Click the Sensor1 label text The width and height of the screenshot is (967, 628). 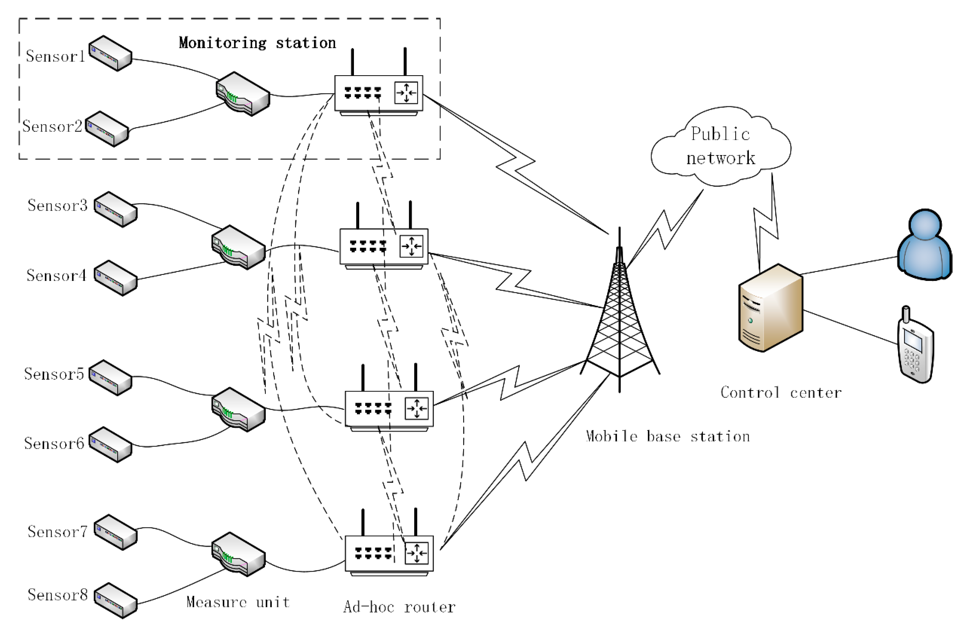click(x=56, y=56)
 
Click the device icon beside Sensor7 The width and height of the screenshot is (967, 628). click(x=115, y=532)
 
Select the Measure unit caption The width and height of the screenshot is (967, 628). click(x=238, y=602)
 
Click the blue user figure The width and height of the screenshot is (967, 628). click(x=924, y=246)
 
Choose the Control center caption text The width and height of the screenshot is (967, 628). click(x=781, y=393)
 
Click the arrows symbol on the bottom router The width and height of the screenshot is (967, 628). click(x=416, y=553)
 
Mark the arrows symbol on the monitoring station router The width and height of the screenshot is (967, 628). click(x=406, y=93)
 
